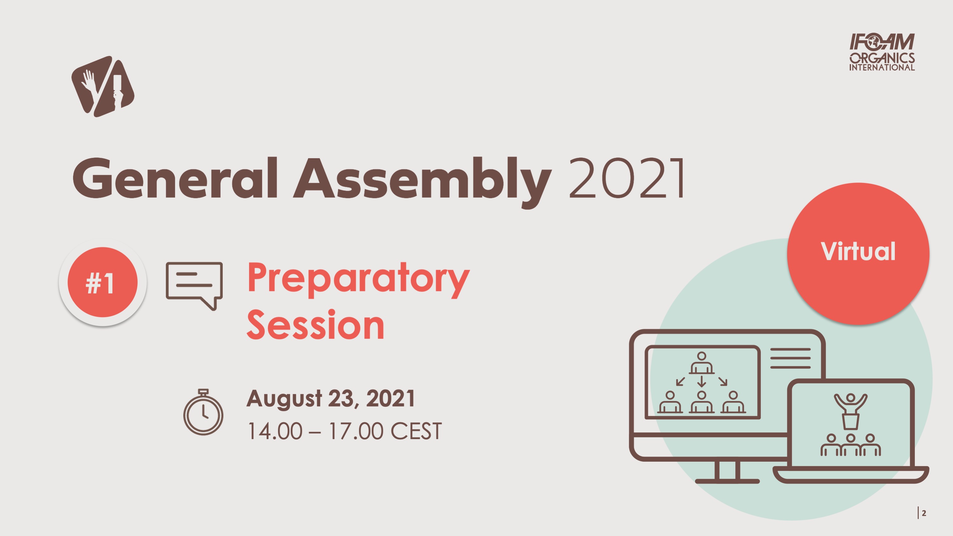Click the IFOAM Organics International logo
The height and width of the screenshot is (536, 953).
tap(882, 52)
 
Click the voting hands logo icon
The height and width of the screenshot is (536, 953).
tap(103, 86)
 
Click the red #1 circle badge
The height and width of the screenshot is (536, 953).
tap(102, 282)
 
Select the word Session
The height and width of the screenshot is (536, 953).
tap(315, 325)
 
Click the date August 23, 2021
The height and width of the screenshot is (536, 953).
tap(330, 398)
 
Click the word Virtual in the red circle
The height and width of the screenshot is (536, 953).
tap(858, 252)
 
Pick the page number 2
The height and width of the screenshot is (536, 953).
tap(924, 513)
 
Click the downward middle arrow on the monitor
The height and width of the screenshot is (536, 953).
tap(701, 381)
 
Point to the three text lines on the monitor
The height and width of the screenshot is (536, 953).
tap(790, 358)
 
